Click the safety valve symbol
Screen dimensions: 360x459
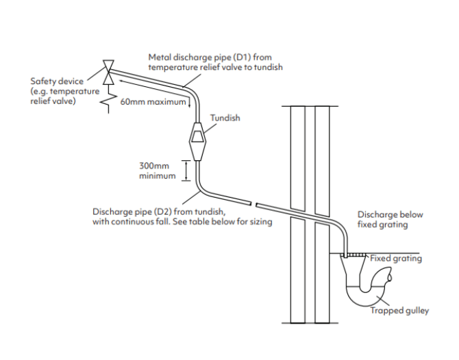[108, 72]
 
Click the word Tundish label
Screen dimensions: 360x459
[225, 118]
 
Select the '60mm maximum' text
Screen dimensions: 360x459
[153, 103]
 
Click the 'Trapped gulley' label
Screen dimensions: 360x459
[399, 311]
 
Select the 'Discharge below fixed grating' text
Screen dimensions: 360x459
[390, 219]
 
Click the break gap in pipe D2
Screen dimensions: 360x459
[253, 203]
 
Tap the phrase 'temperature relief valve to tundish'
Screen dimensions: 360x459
[215, 67]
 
